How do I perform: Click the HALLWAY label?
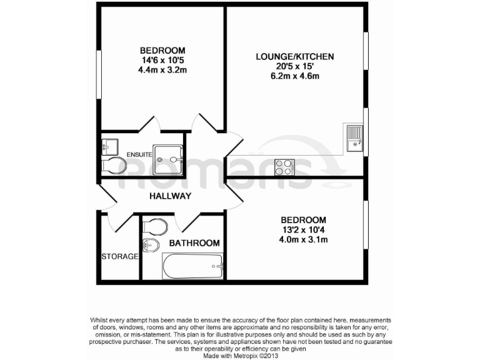(x=170, y=196)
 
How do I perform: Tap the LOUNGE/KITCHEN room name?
(x=294, y=57)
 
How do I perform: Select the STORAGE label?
(x=119, y=256)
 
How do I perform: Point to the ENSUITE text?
(x=139, y=154)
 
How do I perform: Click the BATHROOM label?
(x=194, y=243)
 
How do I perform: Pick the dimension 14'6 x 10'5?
(x=162, y=61)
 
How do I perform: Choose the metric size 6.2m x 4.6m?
(x=294, y=77)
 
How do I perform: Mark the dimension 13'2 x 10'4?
(x=303, y=230)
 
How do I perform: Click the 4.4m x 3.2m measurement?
(x=162, y=70)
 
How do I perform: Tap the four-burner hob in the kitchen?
(x=284, y=166)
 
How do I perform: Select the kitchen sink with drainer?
(x=354, y=138)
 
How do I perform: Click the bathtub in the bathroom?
(x=192, y=266)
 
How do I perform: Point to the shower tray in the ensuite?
(x=169, y=159)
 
